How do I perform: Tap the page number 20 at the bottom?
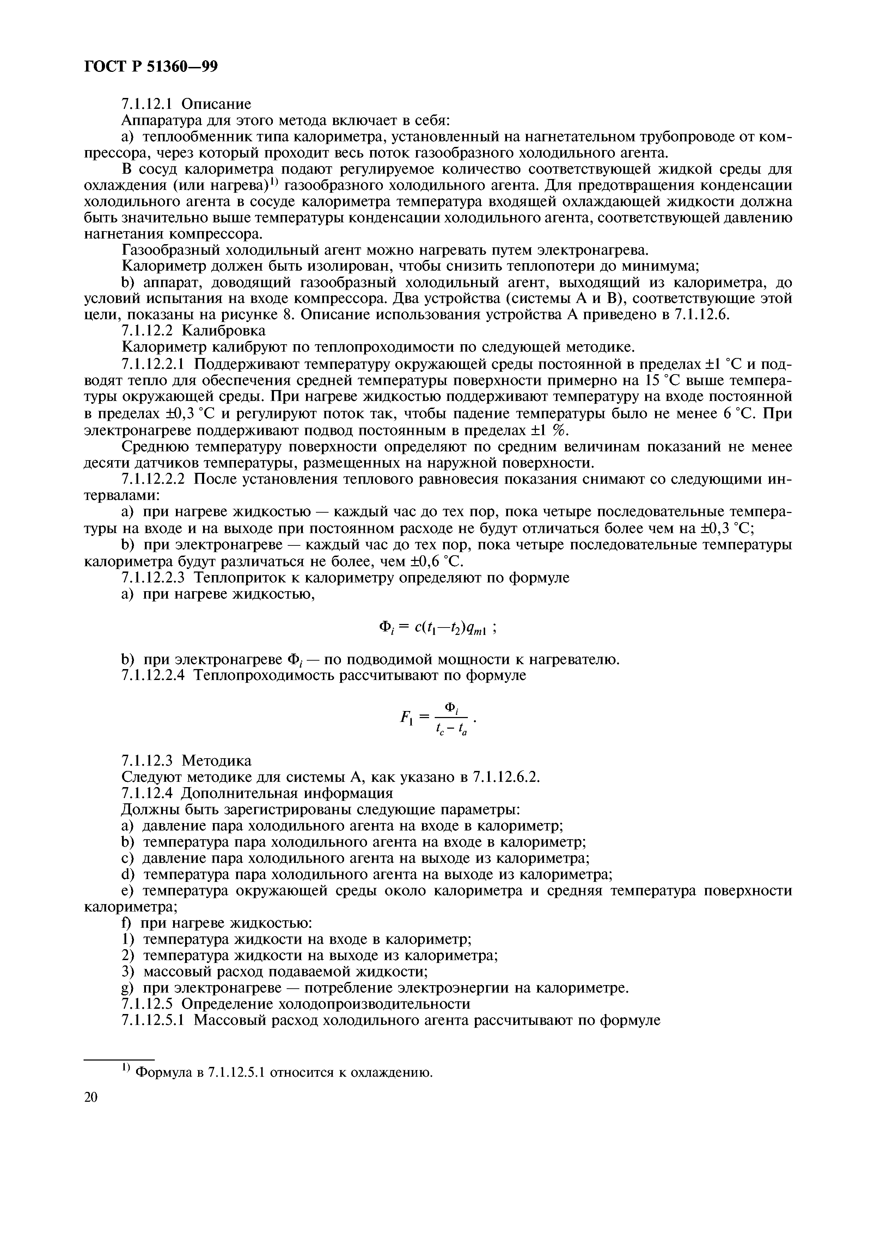point(92,1097)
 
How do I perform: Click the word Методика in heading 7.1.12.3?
point(216,761)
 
